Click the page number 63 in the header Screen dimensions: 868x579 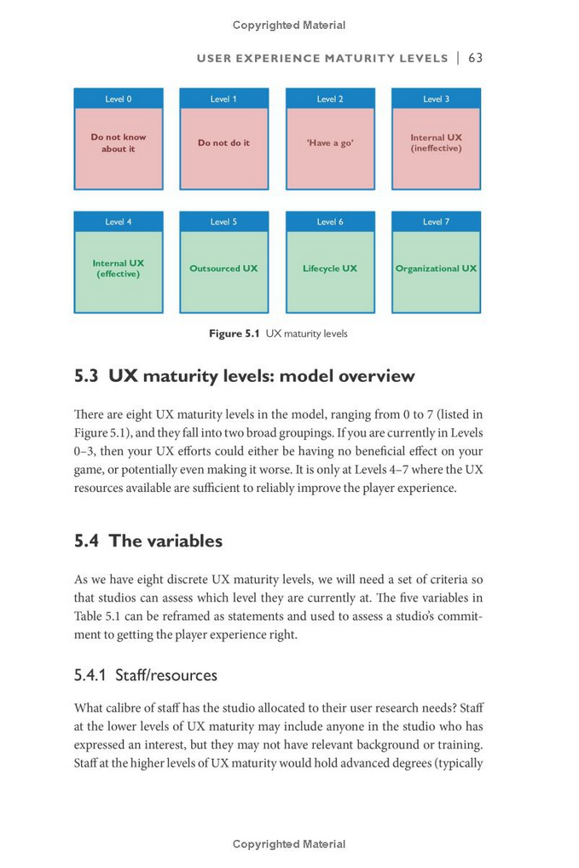coord(475,58)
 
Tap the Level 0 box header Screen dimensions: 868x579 coord(119,99)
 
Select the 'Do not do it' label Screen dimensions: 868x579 coord(223,143)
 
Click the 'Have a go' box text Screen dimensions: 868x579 coord(330,143)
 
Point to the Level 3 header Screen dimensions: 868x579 coord(436,99)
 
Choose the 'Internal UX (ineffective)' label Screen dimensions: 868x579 coord(436,142)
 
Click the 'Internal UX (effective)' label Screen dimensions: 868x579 coord(119,269)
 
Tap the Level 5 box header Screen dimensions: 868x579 coord(223,222)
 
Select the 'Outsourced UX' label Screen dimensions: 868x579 coord(223,269)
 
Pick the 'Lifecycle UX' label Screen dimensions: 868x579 coord(330,269)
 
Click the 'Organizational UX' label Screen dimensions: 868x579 coord(436,269)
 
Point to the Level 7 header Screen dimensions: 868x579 coord(436,222)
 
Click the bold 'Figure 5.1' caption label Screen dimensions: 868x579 coord(234,333)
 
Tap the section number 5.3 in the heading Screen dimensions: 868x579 coord(87,376)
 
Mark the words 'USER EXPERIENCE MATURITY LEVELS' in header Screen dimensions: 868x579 coord(322,59)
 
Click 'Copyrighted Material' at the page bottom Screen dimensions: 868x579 coord(289,844)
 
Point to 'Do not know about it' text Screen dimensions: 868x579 coord(119,142)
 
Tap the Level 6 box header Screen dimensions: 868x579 coord(330,222)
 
